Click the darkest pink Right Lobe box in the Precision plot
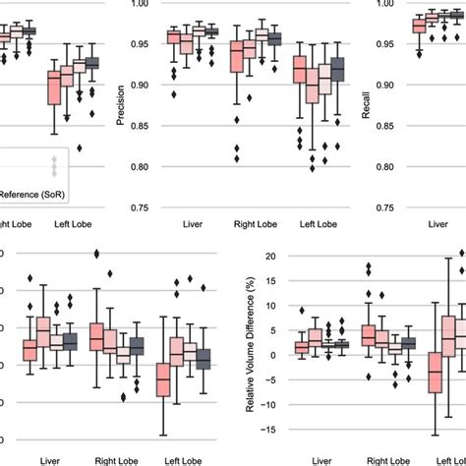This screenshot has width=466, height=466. point(237,59)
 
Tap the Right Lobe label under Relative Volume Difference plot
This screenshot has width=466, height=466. point(376,458)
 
